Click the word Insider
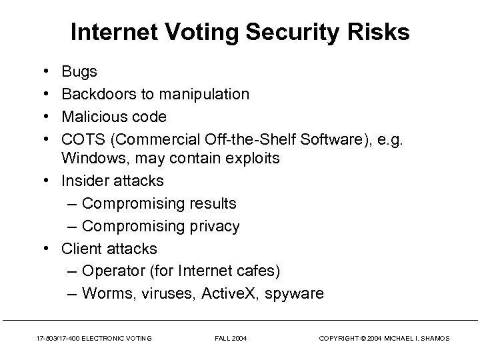click(86, 181)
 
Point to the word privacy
click(213, 226)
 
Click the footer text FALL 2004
click(231, 339)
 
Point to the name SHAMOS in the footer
click(435, 339)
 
